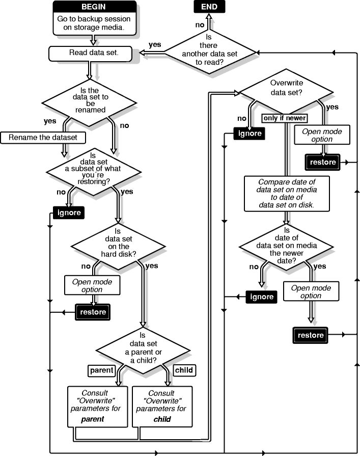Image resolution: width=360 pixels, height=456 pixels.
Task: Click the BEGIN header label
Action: coord(94,8)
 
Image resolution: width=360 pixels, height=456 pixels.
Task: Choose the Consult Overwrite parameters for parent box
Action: coord(98,406)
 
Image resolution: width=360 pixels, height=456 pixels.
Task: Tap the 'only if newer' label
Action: coord(284,118)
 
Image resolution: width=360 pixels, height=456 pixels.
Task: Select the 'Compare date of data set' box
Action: coord(287,193)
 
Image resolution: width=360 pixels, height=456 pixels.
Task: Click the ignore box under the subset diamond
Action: coord(68,212)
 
